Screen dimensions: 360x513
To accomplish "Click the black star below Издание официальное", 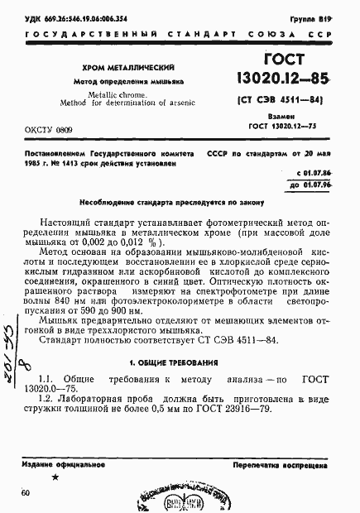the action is point(55,478).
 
